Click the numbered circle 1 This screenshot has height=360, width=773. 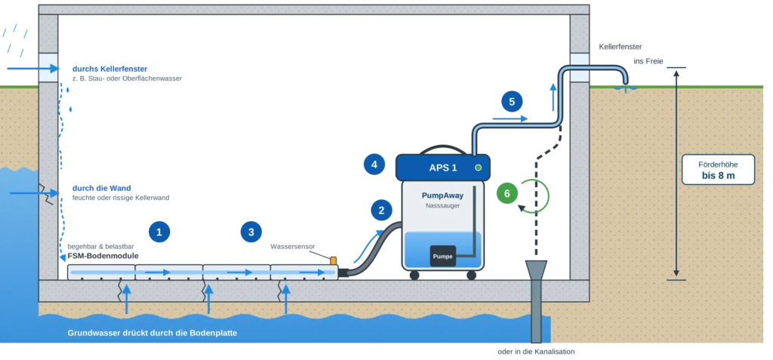(x=159, y=232)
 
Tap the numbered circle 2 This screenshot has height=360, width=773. (x=381, y=211)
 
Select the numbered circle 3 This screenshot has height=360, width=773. (x=251, y=232)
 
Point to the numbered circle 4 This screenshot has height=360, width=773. (x=374, y=165)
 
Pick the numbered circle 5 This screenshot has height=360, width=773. (x=512, y=102)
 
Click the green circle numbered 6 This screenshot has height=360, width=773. (x=507, y=193)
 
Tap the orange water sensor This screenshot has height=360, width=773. (x=333, y=260)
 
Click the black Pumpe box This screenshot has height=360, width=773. (x=442, y=256)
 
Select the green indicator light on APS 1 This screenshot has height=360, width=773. (x=478, y=168)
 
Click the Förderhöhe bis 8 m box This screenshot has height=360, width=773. (x=718, y=170)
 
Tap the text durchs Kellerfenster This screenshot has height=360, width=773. (x=110, y=69)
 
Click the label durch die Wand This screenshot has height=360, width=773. (x=102, y=188)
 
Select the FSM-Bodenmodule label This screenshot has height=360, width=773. (x=103, y=256)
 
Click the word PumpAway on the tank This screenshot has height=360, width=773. (x=442, y=195)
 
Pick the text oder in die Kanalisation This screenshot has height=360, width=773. (x=537, y=352)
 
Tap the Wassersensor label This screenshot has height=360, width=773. (x=292, y=246)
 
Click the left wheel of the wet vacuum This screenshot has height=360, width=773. (x=414, y=275)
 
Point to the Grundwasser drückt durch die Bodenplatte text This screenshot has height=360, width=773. (x=152, y=333)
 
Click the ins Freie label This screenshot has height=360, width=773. (x=648, y=61)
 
